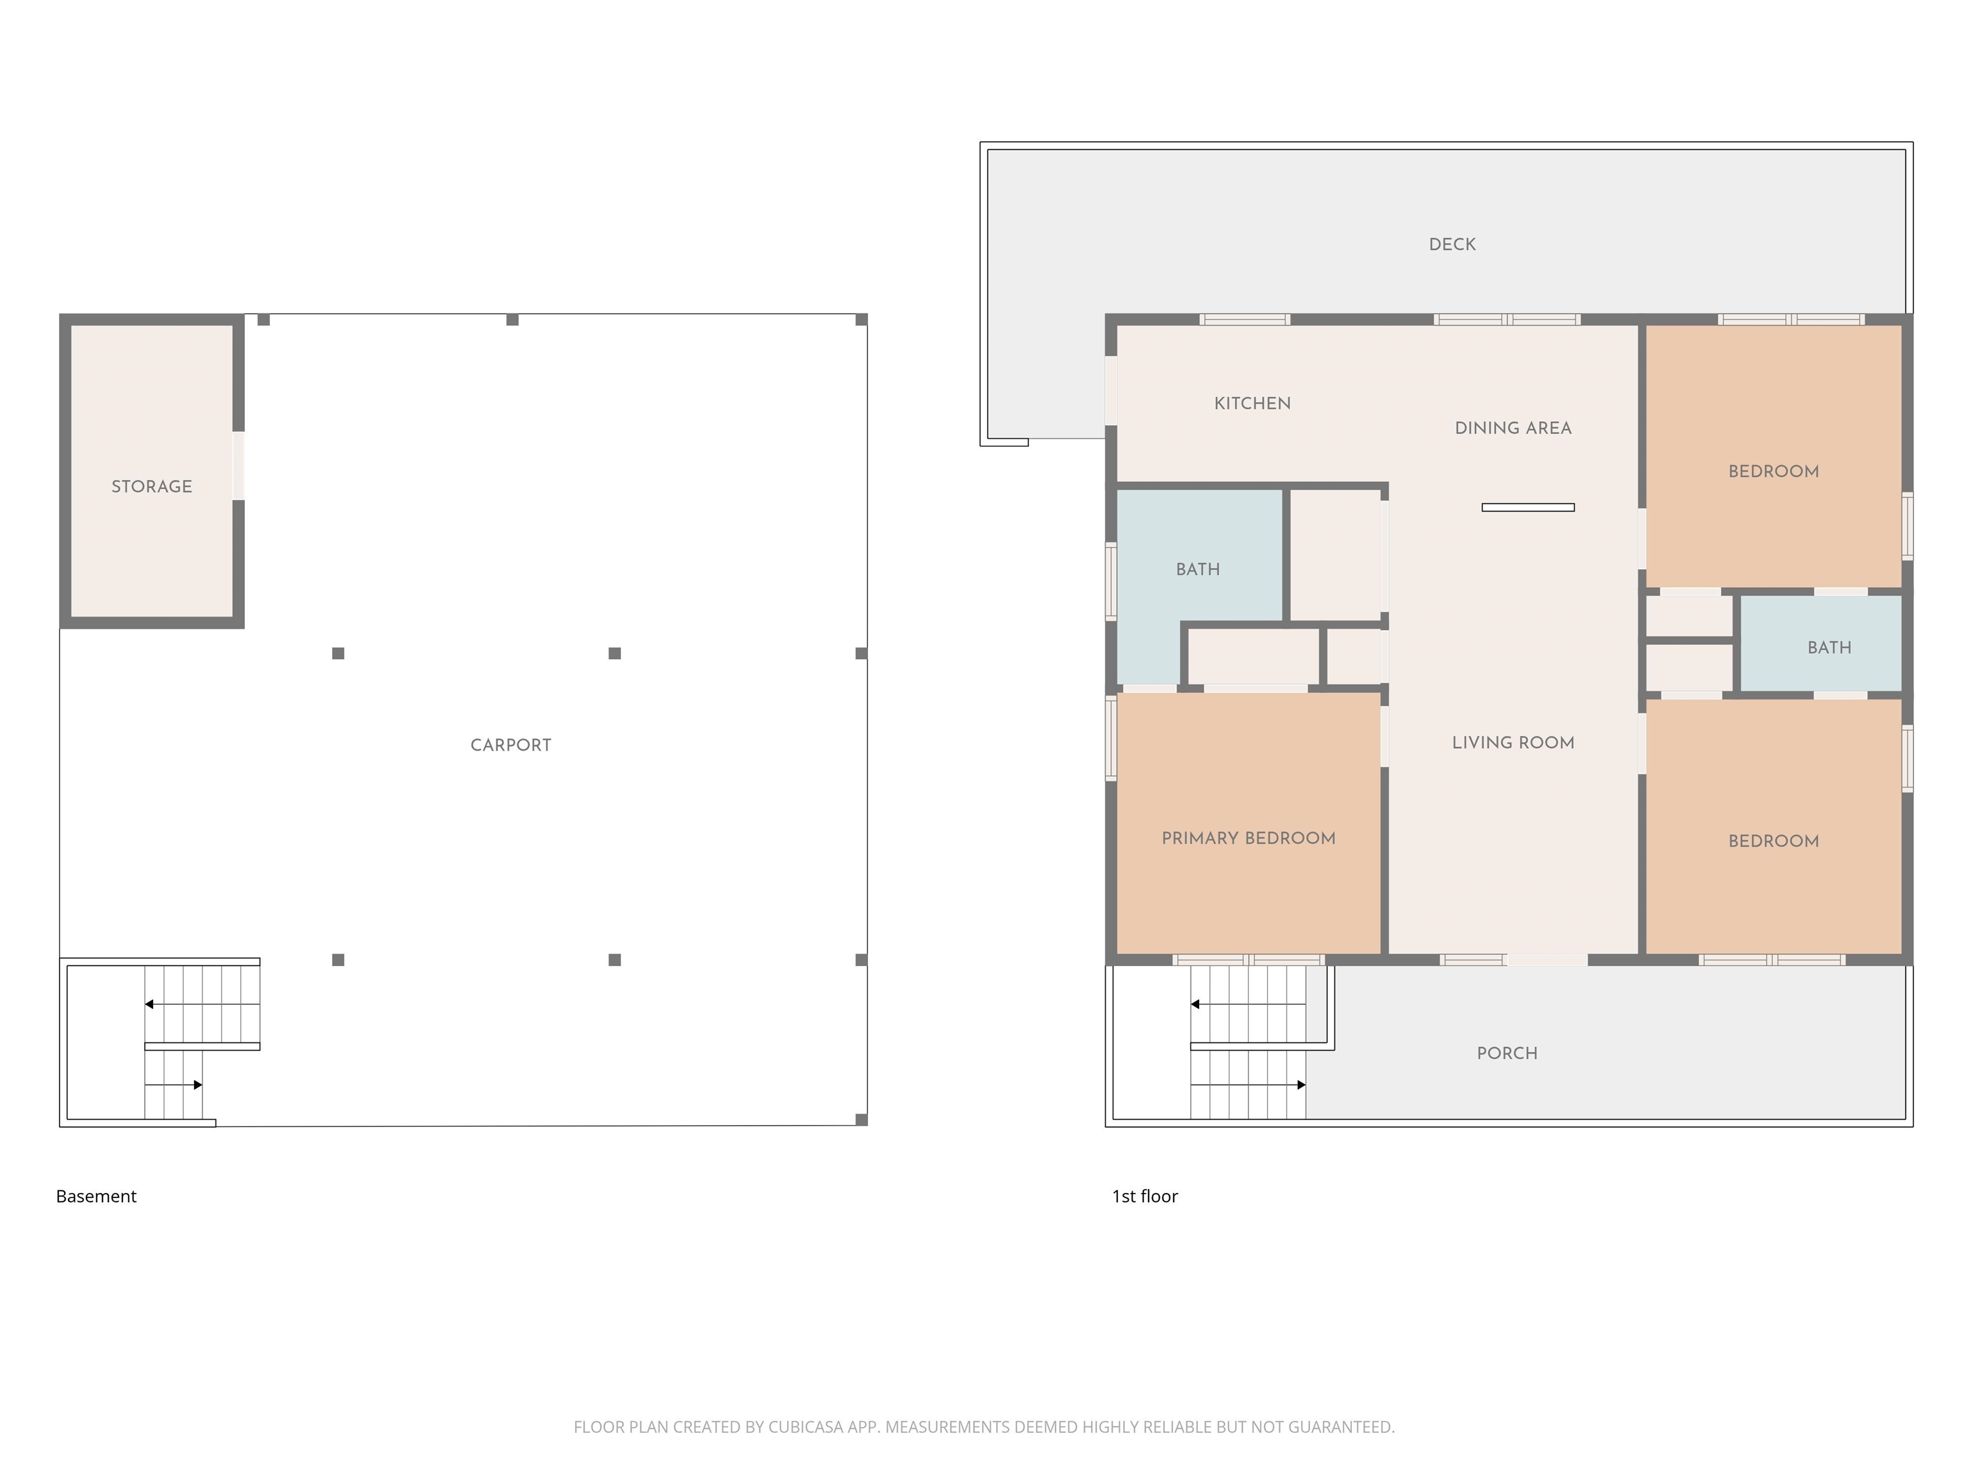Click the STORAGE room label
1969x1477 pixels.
[151, 486]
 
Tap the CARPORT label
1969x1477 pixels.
[511, 745]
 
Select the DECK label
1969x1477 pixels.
[1452, 244]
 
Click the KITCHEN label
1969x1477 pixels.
[1252, 403]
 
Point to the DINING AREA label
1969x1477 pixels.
[1513, 428]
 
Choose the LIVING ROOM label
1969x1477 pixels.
[1513, 742]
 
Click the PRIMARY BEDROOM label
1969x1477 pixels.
[1248, 838]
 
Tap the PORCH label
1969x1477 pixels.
[1507, 1053]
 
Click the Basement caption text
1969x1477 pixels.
[96, 1196]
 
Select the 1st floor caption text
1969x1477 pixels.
[1145, 1196]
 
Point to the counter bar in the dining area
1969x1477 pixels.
[1527, 508]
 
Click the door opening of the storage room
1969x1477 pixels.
[238, 465]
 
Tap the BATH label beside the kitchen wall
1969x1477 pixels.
[1198, 569]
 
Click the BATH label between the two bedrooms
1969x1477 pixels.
[1829, 647]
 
